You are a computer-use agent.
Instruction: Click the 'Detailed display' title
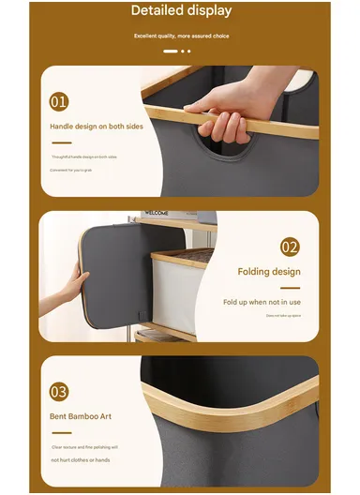[180, 11]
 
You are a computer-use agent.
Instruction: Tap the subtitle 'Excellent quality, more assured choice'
[180, 36]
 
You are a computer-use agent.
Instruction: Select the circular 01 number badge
[59, 101]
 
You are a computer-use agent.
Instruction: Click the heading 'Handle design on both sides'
[97, 126]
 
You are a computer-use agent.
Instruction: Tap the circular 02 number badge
[290, 248]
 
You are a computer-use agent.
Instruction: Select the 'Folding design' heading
[269, 273]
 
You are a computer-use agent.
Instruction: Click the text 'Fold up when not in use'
[262, 302]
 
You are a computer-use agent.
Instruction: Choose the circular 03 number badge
[59, 392]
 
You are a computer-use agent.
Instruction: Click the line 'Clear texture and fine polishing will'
[85, 447]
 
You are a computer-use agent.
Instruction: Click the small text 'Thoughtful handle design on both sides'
[84, 157]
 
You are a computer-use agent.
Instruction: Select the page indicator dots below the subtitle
[177, 52]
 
